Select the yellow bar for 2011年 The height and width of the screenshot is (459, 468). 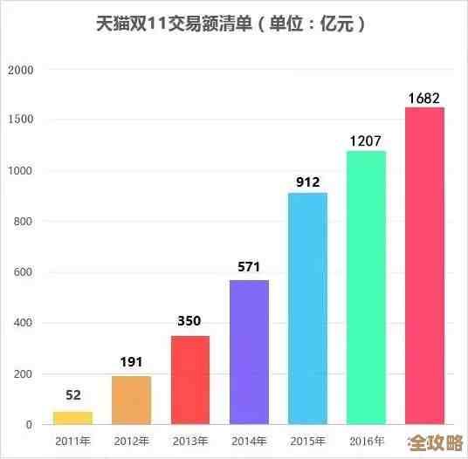coord(72,417)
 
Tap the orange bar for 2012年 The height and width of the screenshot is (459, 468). coord(131,400)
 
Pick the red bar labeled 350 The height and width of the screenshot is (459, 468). coord(189,380)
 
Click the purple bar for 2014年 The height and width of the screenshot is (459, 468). coord(249,352)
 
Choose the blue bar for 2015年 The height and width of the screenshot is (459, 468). coord(307,308)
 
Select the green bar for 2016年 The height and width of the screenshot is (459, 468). coord(366,287)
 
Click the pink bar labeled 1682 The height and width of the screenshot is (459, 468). coord(424,265)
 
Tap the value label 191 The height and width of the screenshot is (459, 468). coord(131,361)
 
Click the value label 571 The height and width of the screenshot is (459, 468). coord(249,265)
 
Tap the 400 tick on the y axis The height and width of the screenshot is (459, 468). coord(22,323)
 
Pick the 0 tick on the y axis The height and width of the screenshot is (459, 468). coord(29,425)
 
